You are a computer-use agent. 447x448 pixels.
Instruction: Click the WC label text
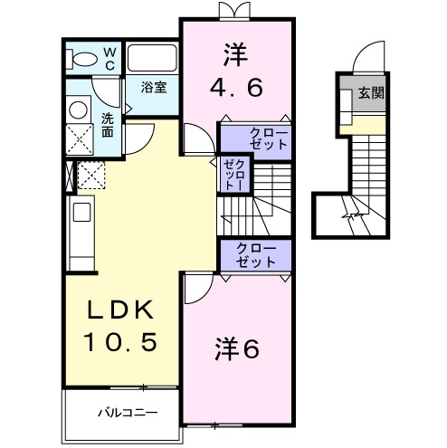coord(108,59)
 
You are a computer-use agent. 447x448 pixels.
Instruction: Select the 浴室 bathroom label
coord(153,88)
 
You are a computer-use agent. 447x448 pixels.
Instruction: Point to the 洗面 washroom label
coord(107,123)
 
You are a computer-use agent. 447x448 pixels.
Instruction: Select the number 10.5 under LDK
coord(121,341)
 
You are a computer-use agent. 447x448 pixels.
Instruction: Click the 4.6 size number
coord(237,89)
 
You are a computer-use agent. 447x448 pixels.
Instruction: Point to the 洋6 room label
coord(238,348)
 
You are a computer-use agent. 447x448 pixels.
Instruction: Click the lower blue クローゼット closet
coord(255,255)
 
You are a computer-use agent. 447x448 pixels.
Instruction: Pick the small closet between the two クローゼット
coord(234,173)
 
